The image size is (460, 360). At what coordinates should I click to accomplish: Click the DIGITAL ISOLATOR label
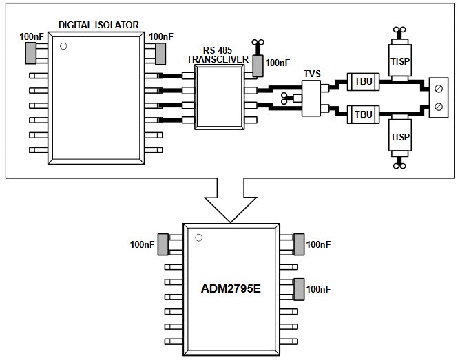tap(98, 25)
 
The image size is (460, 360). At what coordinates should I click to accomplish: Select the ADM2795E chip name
tap(231, 288)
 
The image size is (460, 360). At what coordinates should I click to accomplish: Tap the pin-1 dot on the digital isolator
tap(63, 47)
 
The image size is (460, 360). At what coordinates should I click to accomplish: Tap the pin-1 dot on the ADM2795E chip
tap(198, 239)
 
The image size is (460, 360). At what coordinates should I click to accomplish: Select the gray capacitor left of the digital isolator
tap(31, 51)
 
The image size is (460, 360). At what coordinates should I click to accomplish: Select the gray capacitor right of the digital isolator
tap(161, 51)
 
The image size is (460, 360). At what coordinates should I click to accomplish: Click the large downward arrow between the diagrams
tap(231, 200)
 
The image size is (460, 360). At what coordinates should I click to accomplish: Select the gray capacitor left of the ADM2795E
tap(163, 244)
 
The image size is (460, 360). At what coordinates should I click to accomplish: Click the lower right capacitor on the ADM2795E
tap(299, 288)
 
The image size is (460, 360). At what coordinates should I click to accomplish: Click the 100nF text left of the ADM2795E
tap(142, 244)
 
